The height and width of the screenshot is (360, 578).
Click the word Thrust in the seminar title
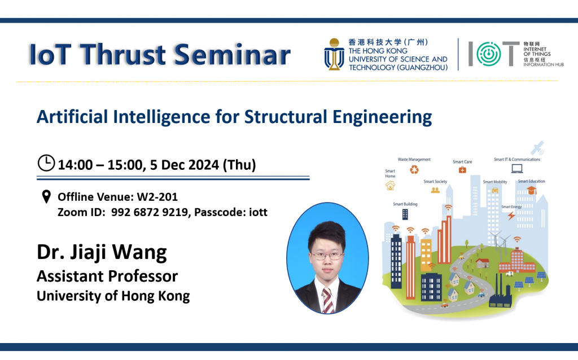coord(123,55)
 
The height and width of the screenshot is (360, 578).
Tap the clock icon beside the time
coord(46,163)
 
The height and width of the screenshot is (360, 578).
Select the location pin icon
coord(46,197)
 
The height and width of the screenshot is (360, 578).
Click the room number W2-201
coord(157,197)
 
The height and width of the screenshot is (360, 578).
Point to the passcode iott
coord(258,212)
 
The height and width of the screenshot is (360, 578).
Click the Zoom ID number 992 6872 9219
coord(149,212)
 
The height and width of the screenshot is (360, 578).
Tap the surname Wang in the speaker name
coord(139,252)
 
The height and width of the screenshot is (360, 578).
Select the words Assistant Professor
coord(107,276)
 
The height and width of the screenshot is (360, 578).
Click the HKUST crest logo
coord(334,54)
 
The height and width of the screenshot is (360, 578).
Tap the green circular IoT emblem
coord(489,54)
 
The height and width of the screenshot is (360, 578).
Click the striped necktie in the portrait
coord(327,300)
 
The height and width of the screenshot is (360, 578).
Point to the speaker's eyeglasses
coord(327,256)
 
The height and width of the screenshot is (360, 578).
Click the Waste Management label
coord(414,160)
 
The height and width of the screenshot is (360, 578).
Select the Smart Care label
coord(462,162)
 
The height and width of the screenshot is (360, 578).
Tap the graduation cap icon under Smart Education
coord(531,190)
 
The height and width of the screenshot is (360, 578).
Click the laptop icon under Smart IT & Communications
coord(517,168)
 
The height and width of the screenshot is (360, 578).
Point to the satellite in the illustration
coord(537,148)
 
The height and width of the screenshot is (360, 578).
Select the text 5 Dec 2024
coord(185,165)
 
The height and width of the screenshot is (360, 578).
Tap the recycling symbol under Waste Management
coord(414,169)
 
